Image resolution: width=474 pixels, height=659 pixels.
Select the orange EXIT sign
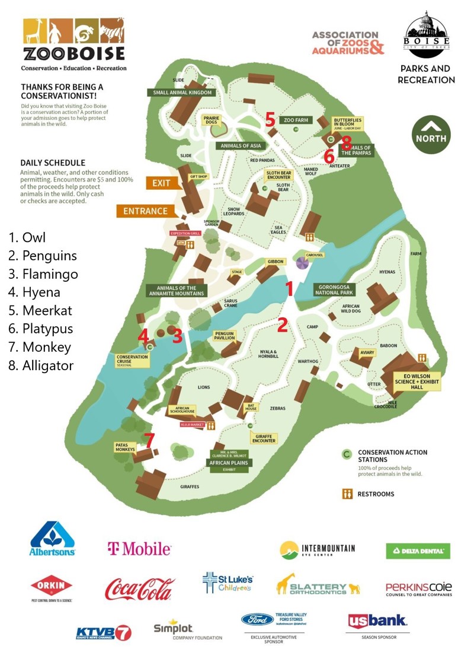point(160,183)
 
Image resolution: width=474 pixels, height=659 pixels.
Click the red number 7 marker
point(149,440)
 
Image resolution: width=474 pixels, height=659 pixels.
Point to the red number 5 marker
point(270,119)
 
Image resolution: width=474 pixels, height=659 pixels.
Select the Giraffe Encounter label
point(264,437)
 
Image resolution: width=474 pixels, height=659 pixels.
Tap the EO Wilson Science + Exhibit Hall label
point(419,382)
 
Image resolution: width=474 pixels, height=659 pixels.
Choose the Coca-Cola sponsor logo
point(140,589)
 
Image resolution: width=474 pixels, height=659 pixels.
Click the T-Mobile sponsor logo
point(139,549)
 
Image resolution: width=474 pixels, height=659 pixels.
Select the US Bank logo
point(377,621)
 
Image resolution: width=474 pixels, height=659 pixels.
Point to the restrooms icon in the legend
point(347,494)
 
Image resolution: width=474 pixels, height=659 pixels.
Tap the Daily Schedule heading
point(53,163)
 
